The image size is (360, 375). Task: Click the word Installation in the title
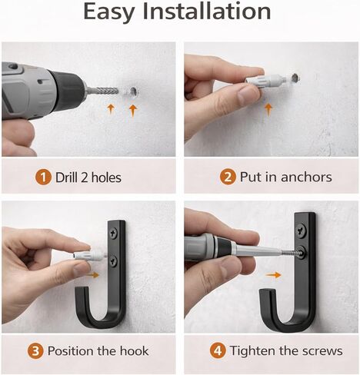tap(207, 12)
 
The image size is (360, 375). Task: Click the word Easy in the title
tap(109, 13)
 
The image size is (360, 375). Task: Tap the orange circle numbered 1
tap(43, 178)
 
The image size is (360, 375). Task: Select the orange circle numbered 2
tap(228, 177)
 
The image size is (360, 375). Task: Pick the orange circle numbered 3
tap(35, 350)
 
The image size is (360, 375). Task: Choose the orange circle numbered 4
tap(218, 350)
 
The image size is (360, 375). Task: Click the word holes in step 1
tap(106, 178)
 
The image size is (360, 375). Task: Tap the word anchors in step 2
tap(306, 177)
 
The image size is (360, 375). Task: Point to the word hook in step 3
tap(135, 350)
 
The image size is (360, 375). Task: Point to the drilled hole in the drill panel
tap(134, 91)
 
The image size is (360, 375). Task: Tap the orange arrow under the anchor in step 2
tap(268, 109)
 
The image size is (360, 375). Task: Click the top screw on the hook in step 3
tap(114, 234)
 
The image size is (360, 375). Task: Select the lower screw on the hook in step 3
tap(113, 261)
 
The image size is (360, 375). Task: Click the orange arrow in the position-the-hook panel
tap(92, 275)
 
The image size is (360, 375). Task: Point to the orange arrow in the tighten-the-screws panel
tap(273, 275)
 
